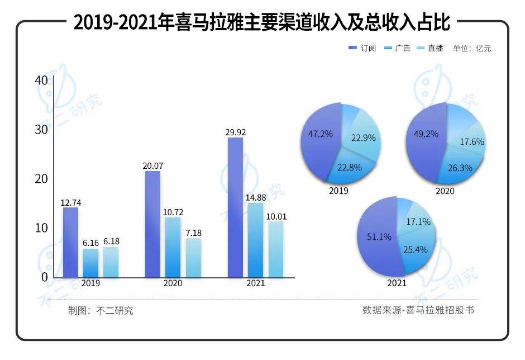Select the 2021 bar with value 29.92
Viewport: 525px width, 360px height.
pos(235,207)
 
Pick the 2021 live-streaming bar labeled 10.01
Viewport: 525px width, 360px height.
pos(276,249)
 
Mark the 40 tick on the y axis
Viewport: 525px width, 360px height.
pos(41,80)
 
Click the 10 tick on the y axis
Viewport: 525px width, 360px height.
pos(41,228)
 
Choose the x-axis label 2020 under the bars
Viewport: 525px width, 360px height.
pos(173,283)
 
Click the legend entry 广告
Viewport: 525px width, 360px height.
pos(398,49)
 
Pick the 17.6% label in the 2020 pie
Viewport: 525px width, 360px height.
pos(472,142)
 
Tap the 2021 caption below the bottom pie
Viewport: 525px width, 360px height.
pos(397,283)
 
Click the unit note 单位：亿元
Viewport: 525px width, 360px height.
pos(472,49)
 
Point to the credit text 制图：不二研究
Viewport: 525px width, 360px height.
pos(101,311)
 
